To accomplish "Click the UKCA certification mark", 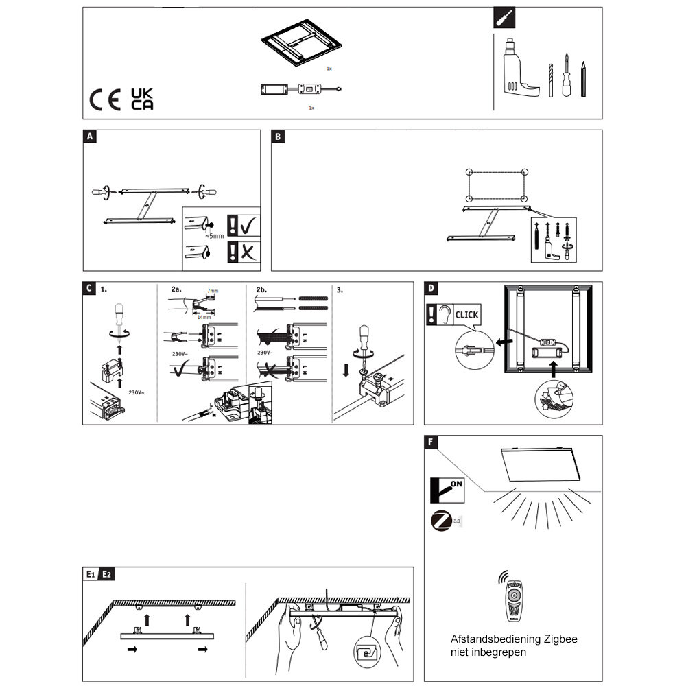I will tap(142, 99).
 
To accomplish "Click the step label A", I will tap(89, 137).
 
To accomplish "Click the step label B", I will tap(278, 137).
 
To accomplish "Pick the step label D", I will tap(430, 288).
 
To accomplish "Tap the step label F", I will tap(430, 442).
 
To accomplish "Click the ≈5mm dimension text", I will tap(214, 235).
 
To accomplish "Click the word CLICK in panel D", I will tap(466, 315).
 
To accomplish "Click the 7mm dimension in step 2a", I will tap(213, 292).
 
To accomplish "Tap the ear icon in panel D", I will tap(445, 315).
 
